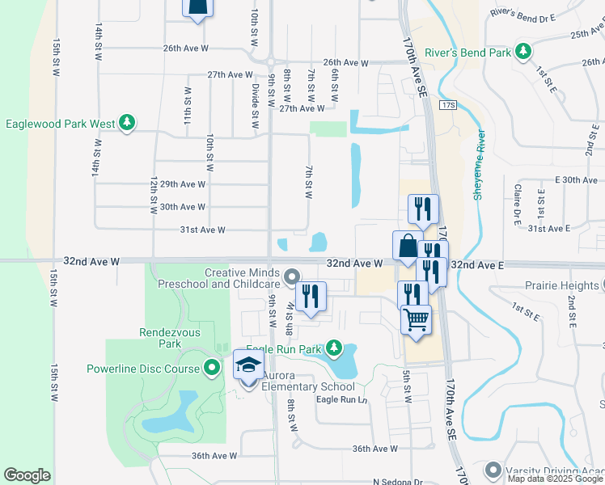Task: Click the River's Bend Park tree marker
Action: pyautogui.click(x=523, y=53)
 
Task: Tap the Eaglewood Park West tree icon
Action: pyautogui.click(x=126, y=124)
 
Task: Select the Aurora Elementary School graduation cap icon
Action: pyautogui.click(x=249, y=365)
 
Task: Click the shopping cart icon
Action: pyautogui.click(x=416, y=319)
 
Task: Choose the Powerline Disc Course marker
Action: pyautogui.click(x=212, y=369)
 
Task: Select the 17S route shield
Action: pyautogui.click(x=450, y=105)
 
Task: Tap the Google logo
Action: pyautogui.click(x=27, y=475)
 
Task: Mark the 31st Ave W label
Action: pyautogui.click(x=201, y=230)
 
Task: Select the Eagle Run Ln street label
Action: pyautogui.click(x=341, y=400)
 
